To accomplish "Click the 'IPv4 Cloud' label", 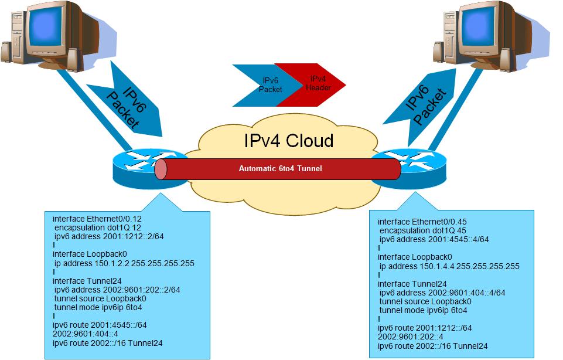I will (x=288, y=141).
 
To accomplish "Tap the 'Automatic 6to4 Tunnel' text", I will (x=280, y=169).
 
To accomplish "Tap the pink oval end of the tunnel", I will (x=161, y=169).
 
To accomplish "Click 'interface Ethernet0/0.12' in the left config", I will (x=97, y=219).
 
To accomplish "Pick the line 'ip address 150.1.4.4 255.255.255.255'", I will (x=449, y=266).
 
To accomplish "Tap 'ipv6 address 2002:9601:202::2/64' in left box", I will (x=117, y=290).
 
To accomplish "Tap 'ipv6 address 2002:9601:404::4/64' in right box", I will (x=442, y=293).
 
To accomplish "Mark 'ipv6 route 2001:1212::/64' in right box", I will (x=425, y=328).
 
